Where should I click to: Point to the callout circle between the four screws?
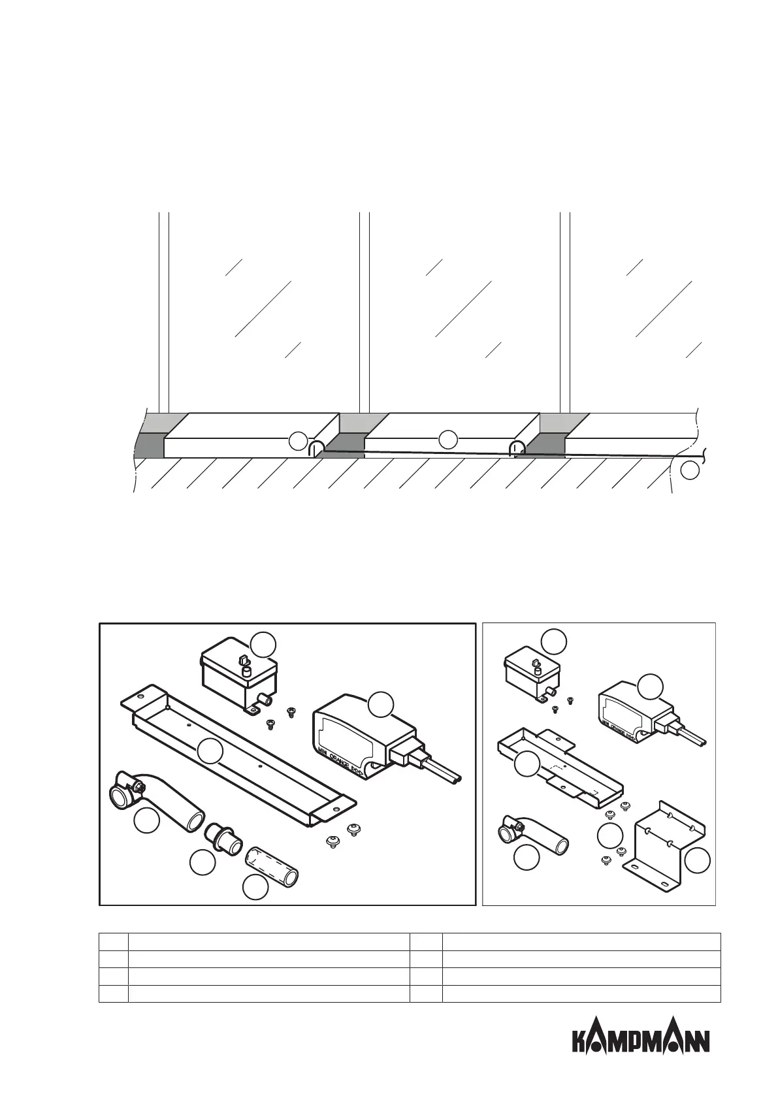(610, 836)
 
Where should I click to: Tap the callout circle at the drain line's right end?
(690, 470)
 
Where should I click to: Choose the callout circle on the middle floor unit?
(447, 439)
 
